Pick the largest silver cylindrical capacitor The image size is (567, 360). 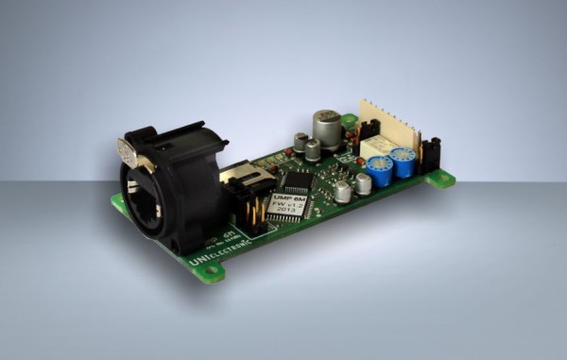click(x=327, y=129)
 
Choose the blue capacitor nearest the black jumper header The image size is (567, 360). click(x=405, y=163)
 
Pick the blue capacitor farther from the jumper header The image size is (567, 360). click(x=381, y=171)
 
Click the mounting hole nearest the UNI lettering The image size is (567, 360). click(x=211, y=274)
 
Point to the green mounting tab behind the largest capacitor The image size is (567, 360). click(x=350, y=121)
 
